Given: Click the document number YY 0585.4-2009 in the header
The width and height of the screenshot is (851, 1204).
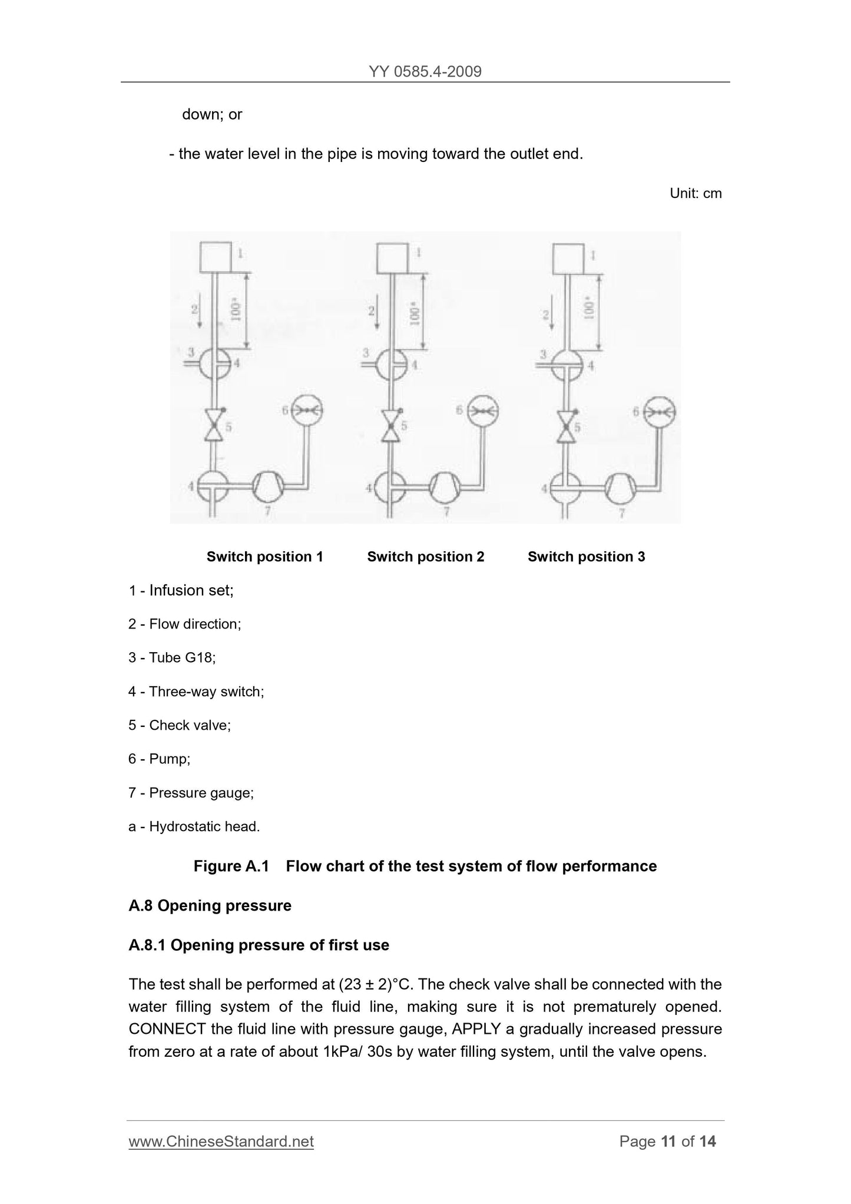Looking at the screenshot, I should pyautogui.click(x=425, y=72).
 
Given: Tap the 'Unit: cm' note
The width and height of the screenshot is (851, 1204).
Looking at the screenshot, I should pyautogui.click(x=696, y=193).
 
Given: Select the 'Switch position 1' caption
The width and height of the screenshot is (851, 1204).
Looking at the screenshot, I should pyautogui.click(x=264, y=557).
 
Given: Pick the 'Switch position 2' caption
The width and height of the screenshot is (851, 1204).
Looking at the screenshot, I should pyautogui.click(x=425, y=557).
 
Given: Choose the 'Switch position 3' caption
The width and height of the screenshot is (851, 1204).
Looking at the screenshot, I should pyautogui.click(x=586, y=557).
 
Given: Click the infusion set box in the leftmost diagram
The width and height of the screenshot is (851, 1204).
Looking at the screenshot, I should pyautogui.click(x=216, y=258).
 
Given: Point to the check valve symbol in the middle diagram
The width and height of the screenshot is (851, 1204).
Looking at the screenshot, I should pyautogui.click(x=389, y=426).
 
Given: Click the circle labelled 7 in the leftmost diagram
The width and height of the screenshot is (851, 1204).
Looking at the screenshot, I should pyautogui.click(x=269, y=487).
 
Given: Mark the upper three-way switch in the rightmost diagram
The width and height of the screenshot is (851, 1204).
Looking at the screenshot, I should pyautogui.click(x=567, y=365).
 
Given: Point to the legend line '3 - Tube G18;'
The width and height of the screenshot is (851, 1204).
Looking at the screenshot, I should pyautogui.click(x=172, y=657).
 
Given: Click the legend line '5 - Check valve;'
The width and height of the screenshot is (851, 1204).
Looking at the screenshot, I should pyautogui.click(x=180, y=725).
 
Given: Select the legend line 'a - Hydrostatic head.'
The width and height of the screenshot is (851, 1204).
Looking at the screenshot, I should pyautogui.click(x=194, y=826).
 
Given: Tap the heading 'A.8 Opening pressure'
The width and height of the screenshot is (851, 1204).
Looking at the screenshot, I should pyautogui.click(x=210, y=905).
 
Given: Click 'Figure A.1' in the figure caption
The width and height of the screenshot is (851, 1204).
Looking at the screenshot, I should pyautogui.click(x=231, y=866).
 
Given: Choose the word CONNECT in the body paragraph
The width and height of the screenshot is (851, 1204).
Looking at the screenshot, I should pyautogui.click(x=167, y=1029).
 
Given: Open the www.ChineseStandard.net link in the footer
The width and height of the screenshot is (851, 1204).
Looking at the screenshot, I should pyautogui.click(x=221, y=1142).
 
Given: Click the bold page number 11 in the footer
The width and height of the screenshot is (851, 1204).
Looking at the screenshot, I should pyautogui.click(x=668, y=1142).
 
